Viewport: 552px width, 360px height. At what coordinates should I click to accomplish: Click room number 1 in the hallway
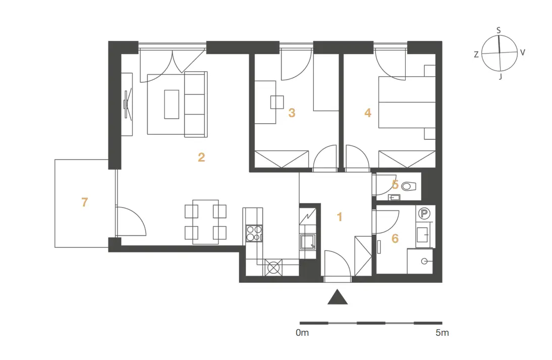pos(340,217)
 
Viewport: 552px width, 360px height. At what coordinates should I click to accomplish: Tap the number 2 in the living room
pos(201,157)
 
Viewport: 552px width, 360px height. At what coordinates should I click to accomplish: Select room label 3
pos(292,113)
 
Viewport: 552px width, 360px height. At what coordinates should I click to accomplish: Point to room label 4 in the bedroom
pos(368,113)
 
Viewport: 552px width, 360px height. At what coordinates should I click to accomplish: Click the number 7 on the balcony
pos(84,202)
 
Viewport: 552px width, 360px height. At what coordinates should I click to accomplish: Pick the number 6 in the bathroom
pos(395,238)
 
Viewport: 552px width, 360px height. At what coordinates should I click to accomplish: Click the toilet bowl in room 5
pos(409,186)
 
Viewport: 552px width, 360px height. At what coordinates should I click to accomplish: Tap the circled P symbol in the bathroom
pos(424,214)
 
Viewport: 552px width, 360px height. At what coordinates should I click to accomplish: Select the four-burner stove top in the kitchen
pos(254,233)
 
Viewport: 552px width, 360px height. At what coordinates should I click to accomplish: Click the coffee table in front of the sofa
pos(172,105)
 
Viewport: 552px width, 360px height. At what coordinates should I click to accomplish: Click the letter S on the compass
pos(499,30)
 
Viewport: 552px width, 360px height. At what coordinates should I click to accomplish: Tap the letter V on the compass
pos(522,53)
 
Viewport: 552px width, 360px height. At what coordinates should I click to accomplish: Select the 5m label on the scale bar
pos(442,333)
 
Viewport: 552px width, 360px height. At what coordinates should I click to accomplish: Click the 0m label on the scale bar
pos(302,333)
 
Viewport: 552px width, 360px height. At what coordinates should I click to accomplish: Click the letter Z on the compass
pos(476,55)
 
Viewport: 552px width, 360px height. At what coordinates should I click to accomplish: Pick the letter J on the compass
pos(500,76)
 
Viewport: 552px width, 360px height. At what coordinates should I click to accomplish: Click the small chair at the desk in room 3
pos(277,102)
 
